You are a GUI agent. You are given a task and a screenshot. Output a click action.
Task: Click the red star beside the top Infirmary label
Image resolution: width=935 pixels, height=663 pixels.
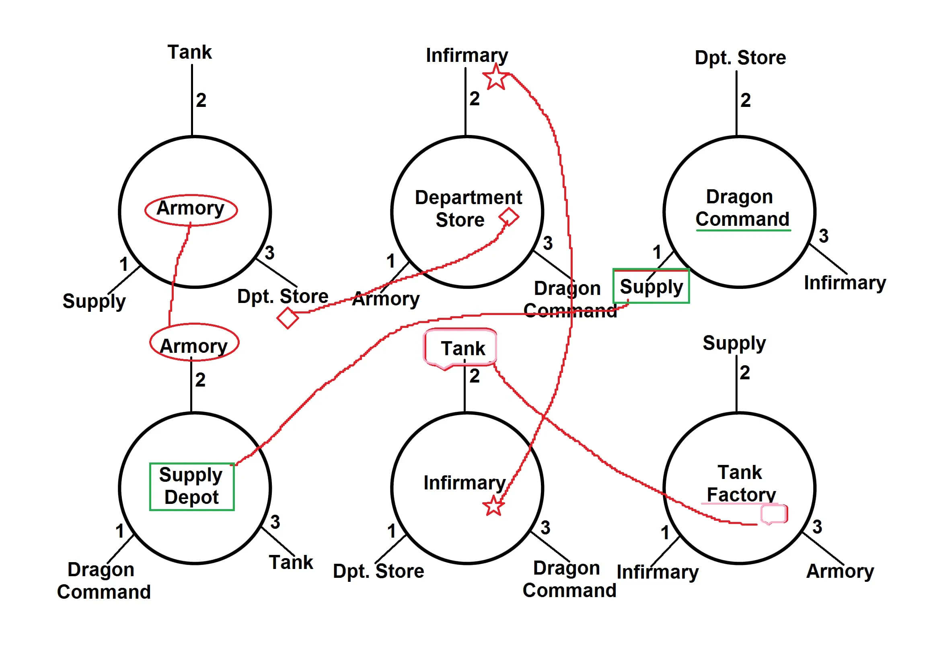496,77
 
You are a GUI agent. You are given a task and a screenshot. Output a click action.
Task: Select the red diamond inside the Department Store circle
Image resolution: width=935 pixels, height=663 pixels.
509,217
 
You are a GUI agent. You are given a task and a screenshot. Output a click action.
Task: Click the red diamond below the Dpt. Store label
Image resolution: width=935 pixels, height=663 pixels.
288,318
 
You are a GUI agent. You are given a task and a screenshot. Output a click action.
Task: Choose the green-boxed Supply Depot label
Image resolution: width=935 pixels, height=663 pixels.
191,486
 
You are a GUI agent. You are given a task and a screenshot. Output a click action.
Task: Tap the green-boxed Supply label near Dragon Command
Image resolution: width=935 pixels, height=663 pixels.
651,286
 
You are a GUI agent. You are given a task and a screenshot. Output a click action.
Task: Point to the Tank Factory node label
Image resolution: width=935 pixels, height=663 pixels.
740,484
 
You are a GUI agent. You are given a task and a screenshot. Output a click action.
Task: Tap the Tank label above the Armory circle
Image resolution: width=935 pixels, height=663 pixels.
189,52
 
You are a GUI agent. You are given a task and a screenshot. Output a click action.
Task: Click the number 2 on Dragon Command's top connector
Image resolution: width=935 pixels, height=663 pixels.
746,100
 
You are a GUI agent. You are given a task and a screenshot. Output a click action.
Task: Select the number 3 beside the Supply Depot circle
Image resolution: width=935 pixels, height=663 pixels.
275,522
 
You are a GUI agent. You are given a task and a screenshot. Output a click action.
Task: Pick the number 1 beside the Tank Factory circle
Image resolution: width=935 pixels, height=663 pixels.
665,533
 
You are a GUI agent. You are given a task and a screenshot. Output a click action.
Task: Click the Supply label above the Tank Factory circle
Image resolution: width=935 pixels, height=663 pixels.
734,343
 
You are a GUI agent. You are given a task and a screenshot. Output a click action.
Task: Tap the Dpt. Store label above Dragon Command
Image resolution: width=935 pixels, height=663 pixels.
740,57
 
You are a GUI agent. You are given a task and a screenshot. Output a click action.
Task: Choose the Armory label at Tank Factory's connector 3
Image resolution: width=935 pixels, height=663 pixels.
840,571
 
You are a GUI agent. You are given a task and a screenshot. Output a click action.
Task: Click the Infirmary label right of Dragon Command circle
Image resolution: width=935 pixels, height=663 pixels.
845,283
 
